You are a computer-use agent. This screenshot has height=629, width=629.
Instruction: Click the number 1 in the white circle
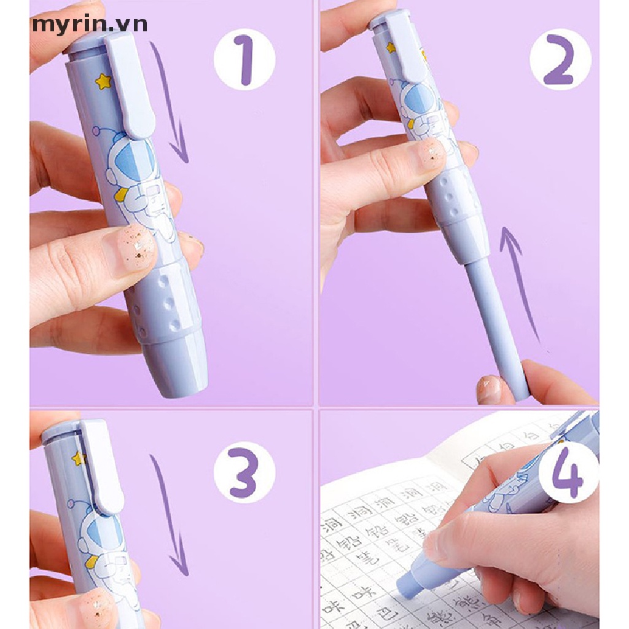click(x=244, y=60)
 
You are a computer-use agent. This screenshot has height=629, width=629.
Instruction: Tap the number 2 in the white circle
click(x=560, y=60)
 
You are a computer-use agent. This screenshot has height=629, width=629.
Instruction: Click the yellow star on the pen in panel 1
click(x=102, y=80)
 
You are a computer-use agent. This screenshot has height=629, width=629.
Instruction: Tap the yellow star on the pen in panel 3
click(x=77, y=458)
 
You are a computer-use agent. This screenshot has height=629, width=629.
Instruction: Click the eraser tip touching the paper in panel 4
click(x=410, y=587)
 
